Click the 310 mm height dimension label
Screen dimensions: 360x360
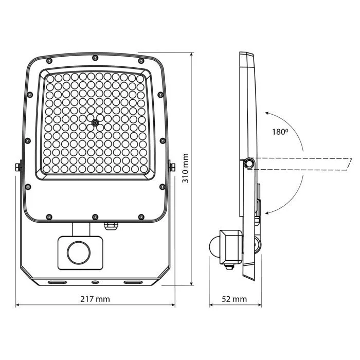tap(185, 168)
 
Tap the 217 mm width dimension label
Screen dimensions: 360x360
tap(95, 299)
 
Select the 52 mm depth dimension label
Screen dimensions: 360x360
tap(234, 299)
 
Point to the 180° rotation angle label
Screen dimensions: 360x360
tap(280, 132)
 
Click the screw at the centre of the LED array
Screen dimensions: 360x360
tap(95, 123)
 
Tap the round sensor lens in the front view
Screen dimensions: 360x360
tap(79, 253)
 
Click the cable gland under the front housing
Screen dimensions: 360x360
tap(111, 226)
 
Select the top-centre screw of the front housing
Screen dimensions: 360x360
tap(95, 58)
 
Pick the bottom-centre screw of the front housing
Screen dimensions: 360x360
tap(95, 217)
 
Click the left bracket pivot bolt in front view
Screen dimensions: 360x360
tap(18, 167)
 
